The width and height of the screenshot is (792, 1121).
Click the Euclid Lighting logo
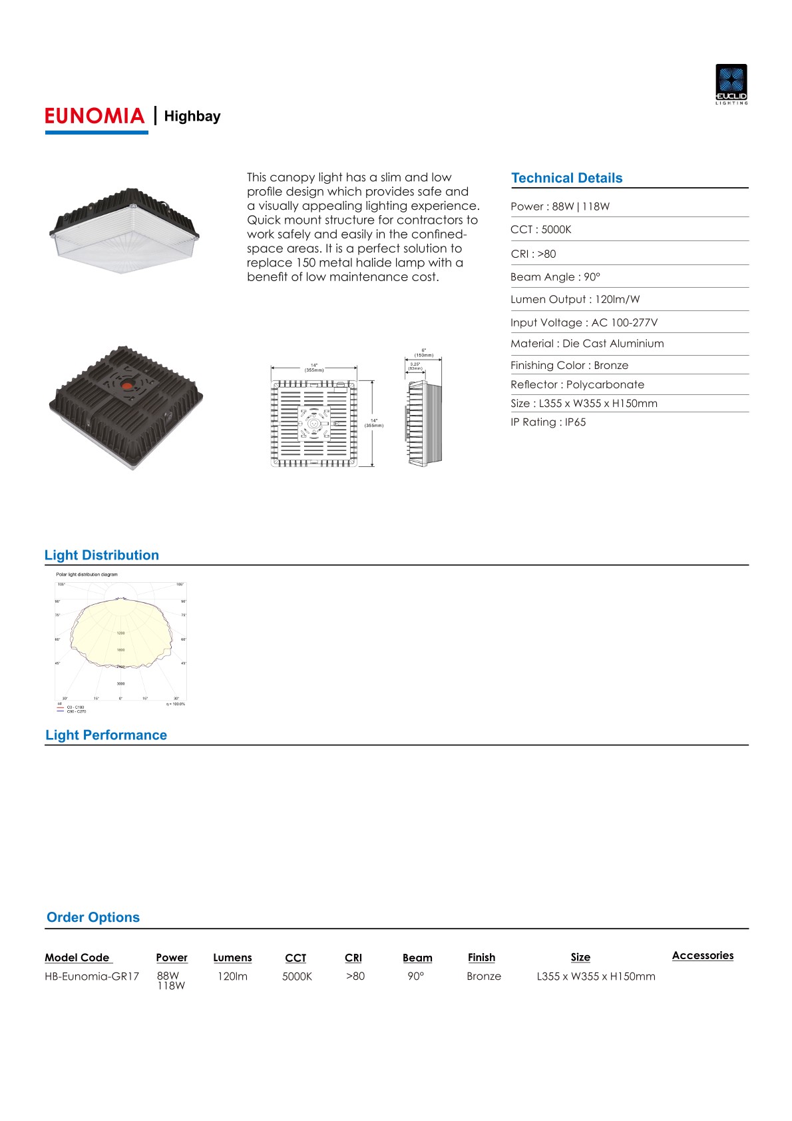point(731,84)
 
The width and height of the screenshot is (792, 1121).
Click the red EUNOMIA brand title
point(95,116)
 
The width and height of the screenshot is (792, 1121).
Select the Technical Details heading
point(566,178)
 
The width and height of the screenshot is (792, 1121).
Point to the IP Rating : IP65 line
point(548,422)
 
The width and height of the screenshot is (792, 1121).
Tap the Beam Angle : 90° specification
point(555,277)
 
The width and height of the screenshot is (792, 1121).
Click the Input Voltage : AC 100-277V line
point(584,322)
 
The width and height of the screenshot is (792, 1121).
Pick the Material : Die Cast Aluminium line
point(586,344)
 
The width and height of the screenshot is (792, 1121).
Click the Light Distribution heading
point(102,556)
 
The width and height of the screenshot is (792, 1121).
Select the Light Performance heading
point(106,735)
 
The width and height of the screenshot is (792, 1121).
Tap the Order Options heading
point(93,917)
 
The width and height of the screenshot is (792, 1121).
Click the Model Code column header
point(77,958)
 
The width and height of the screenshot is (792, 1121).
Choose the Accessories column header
point(702,956)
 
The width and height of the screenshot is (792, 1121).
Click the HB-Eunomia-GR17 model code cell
point(92,976)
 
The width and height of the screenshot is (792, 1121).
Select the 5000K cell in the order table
point(297,976)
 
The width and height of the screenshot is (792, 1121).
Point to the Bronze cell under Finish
point(484,976)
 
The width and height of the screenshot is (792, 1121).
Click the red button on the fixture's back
point(127,384)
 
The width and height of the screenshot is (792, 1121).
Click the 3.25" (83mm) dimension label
point(415,366)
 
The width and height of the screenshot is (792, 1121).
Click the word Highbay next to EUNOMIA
point(192,117)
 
